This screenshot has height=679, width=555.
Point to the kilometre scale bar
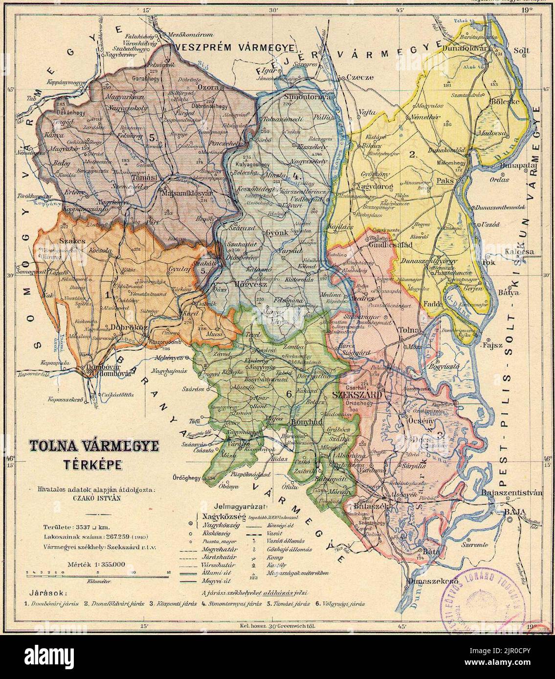(x=98, y=572)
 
